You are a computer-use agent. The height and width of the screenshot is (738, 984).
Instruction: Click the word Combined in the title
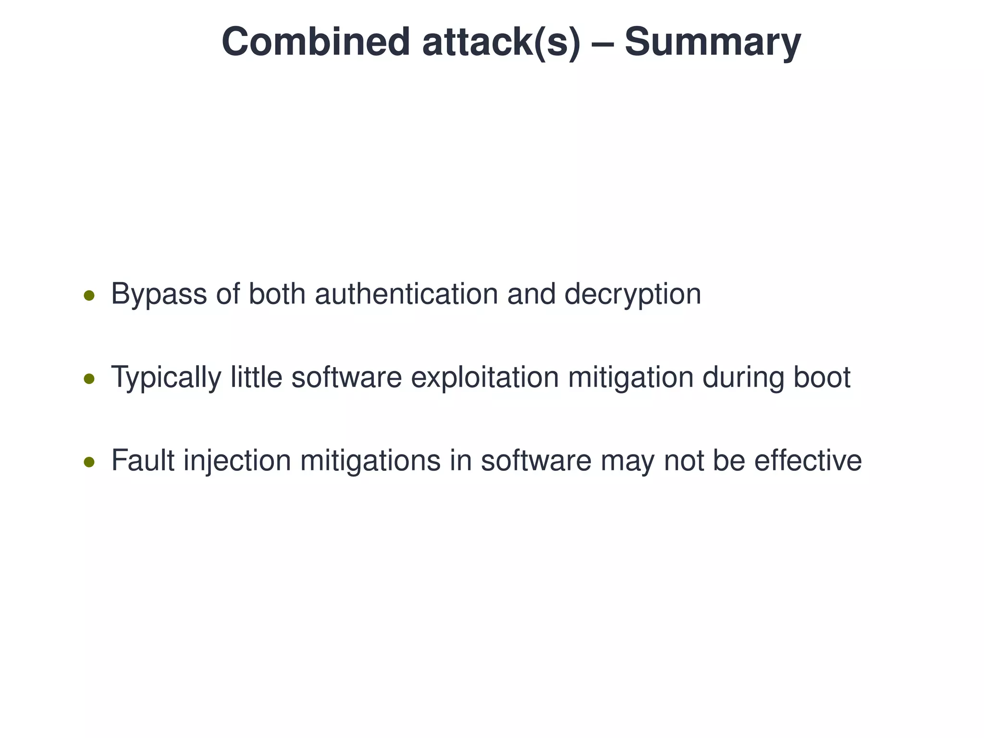(315, 42)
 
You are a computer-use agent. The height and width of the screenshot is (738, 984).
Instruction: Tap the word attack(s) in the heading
(501, 42)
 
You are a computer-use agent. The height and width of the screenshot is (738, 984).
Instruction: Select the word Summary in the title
(713, 42)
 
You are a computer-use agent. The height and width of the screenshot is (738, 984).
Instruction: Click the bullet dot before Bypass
(89, 295)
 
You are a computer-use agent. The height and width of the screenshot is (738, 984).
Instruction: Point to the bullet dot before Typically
(89, 379)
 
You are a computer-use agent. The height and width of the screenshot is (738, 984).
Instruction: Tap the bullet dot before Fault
(89, 462)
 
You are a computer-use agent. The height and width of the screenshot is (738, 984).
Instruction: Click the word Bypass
(159, 294)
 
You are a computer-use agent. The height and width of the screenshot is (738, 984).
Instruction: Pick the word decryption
(632, 294)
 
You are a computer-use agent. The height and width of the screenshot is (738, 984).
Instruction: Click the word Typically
(166, 378)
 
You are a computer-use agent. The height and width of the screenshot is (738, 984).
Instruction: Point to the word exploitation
(485, 378)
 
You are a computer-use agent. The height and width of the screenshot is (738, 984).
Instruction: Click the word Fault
(143, 460)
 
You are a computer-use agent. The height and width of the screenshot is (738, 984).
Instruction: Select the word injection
(237, 460)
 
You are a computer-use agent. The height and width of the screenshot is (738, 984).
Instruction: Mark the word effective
(808, 460)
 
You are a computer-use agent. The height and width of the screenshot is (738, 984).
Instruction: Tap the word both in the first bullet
(277, 294)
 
